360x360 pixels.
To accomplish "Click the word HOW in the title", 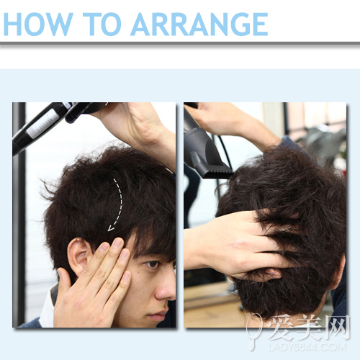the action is [38, 24].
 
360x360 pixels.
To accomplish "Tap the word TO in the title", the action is [102, 24].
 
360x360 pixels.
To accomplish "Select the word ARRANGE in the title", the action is [199, 24].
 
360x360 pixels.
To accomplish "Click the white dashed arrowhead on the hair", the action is [111, 228].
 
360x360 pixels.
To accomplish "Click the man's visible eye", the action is [153, 264].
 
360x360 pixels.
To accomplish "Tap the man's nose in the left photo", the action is [166, 288].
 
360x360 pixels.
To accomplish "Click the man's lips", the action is [157, 315].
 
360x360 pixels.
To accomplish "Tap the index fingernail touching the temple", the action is [117, 243].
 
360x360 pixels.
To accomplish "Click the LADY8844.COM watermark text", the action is [307, 347].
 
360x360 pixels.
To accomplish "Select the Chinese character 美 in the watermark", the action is [310, 327].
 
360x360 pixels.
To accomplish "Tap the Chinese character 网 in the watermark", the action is [336, 327].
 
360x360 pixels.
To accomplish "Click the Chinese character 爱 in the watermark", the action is [282, 327].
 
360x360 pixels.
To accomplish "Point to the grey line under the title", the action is [180, 43].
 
